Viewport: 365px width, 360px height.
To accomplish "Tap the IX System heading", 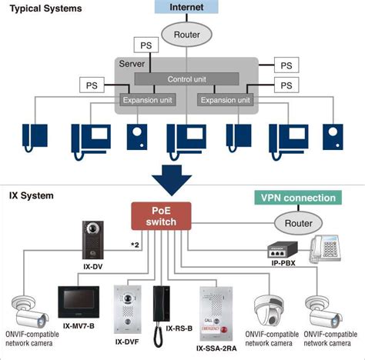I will (x=31, y=195).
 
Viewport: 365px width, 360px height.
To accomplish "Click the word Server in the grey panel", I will (x=131, y=64).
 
